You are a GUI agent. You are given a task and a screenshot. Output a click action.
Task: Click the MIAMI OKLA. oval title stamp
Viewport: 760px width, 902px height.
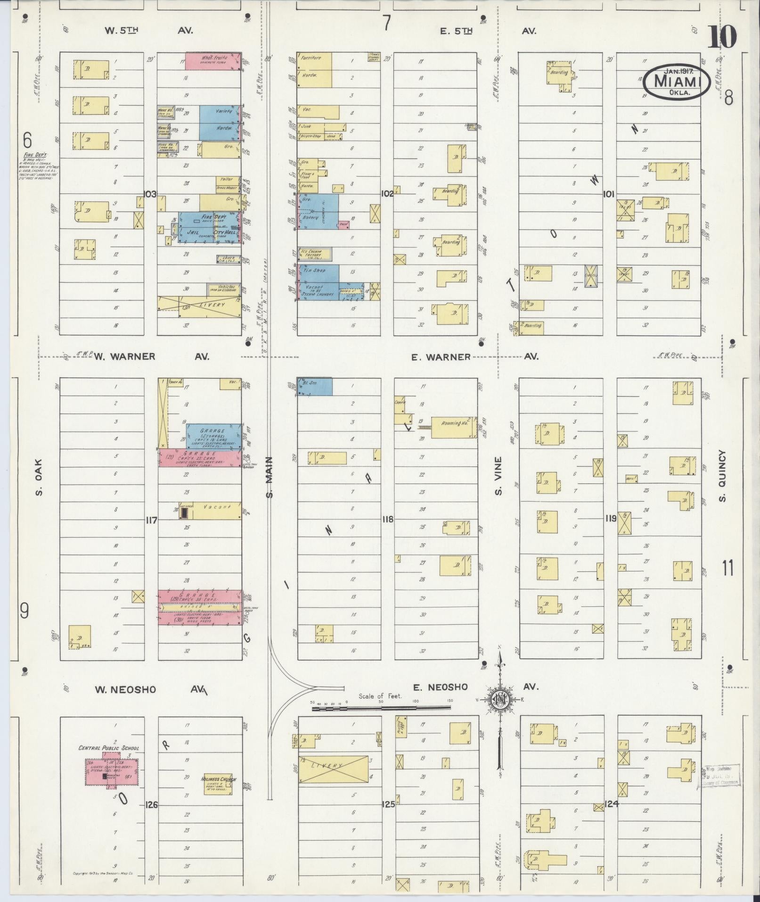[677, 82]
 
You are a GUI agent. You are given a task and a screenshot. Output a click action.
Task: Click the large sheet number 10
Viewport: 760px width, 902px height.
[721, 37]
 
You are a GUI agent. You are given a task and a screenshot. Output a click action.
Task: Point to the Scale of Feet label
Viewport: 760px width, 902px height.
[380, 695]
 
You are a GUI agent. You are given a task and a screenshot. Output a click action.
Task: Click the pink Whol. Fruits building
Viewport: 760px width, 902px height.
[213, 60]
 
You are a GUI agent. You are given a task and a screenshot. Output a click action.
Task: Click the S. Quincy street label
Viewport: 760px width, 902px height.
[723, 476]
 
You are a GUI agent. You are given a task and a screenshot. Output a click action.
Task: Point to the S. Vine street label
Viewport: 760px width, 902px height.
[498, 477]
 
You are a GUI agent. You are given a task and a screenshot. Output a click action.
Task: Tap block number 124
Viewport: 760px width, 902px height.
[611, 804]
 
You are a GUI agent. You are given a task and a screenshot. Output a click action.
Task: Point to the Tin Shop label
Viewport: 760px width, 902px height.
[314, 271]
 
